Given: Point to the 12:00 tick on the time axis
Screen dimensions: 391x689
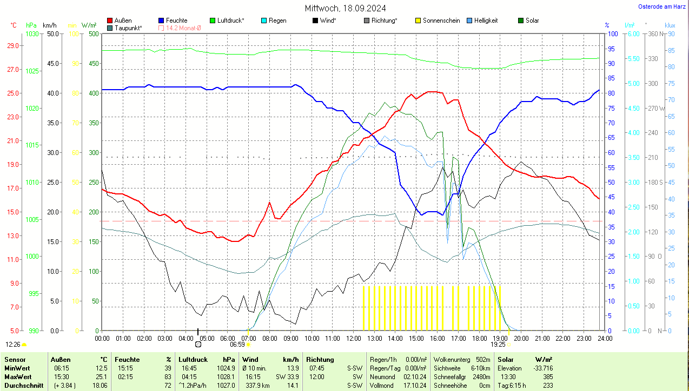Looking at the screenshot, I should (x=354, y=338).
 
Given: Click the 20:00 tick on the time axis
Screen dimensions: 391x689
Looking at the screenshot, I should (x=521, y=338).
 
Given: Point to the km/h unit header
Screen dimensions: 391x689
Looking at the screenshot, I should (x=49, y=25).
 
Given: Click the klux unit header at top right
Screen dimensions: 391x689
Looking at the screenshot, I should (x=670, y=25).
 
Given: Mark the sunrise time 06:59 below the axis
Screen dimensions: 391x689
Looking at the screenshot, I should (x=237, y=344).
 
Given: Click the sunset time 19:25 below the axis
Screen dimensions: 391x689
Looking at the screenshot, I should (x=498, y=344).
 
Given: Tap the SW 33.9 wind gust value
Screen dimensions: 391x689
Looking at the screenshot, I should (x=287, y=376).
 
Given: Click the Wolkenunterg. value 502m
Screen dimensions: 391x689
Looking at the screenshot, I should (x=482, y=360).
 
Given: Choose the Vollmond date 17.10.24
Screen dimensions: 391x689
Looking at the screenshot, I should (x=414, y=386).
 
